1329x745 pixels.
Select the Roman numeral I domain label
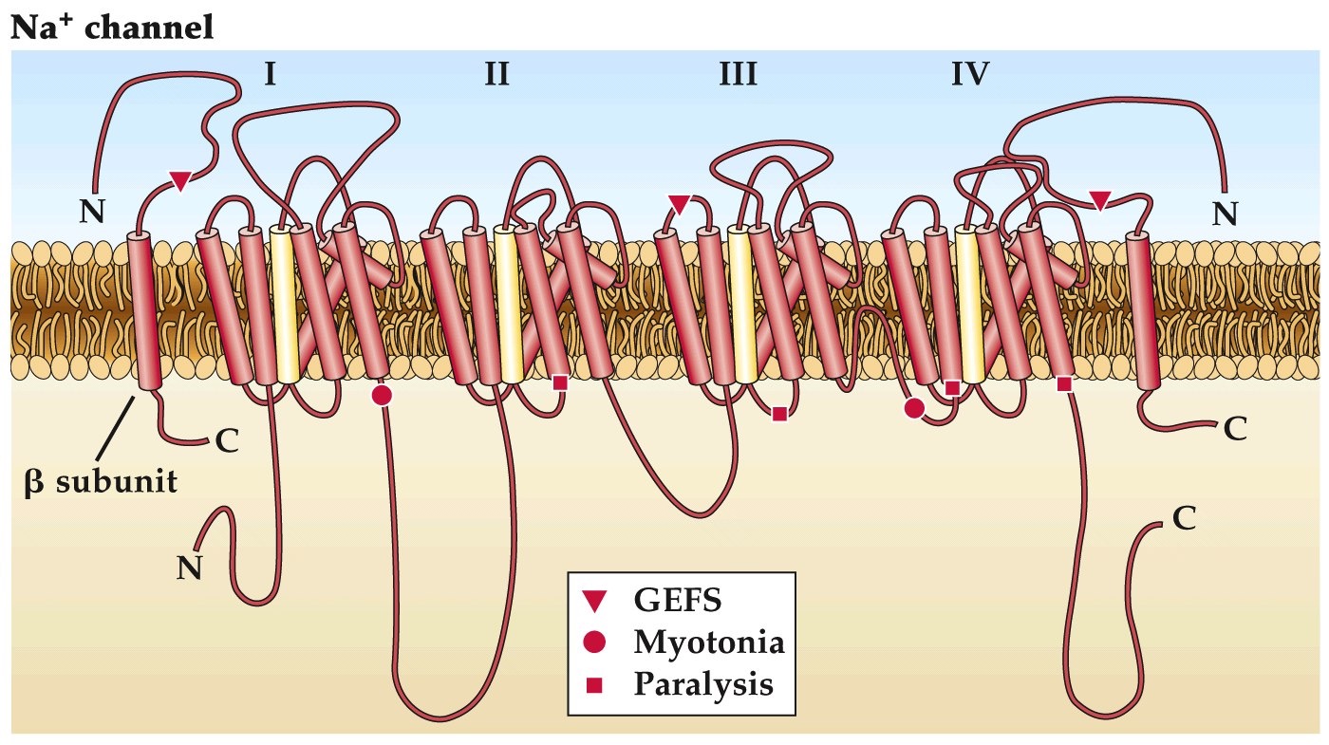[271, 73]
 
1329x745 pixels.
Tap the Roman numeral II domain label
[496, 73]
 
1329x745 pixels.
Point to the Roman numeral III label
[738, 73]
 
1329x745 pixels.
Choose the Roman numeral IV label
[970, 73]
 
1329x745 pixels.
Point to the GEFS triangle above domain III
[679, 203]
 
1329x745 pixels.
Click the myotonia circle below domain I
[382, 396]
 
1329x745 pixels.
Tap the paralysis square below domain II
[560, 382]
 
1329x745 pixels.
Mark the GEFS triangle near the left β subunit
[179, 179]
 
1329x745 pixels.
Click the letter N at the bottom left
[190, 567]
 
